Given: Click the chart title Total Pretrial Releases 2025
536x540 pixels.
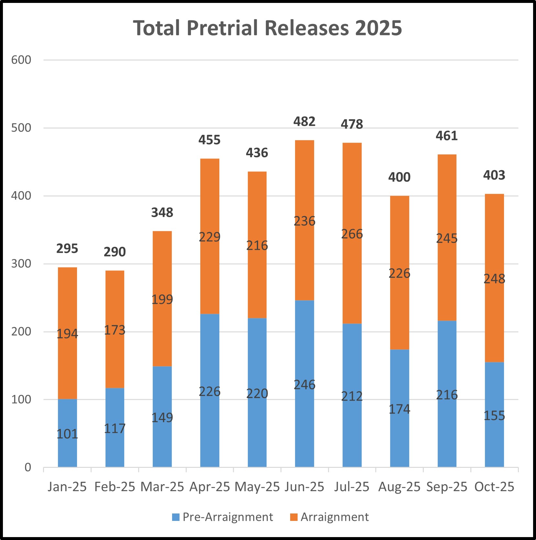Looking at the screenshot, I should pos(268,28).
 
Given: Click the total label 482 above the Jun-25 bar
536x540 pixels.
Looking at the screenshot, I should pos(304,122).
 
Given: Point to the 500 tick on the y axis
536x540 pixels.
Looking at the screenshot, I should pos(21,128).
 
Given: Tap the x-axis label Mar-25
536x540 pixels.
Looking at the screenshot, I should pos(162,487).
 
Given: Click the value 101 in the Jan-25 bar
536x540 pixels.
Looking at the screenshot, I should pos(67,434).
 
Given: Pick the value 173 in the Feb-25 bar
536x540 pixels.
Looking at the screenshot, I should pos(115,330).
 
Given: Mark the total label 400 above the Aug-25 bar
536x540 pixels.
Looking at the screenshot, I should pos(399,177).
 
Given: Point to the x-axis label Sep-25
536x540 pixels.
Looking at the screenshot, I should pos(447,487).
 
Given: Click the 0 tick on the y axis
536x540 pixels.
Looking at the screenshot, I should pos(28,467).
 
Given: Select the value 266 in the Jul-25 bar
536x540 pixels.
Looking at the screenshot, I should pos(352,234).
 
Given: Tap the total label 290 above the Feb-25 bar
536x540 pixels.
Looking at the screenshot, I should pos(115,252).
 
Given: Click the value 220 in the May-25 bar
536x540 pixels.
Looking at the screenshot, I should pos(257,393).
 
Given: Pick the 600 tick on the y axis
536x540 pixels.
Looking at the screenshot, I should pos(21,60).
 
